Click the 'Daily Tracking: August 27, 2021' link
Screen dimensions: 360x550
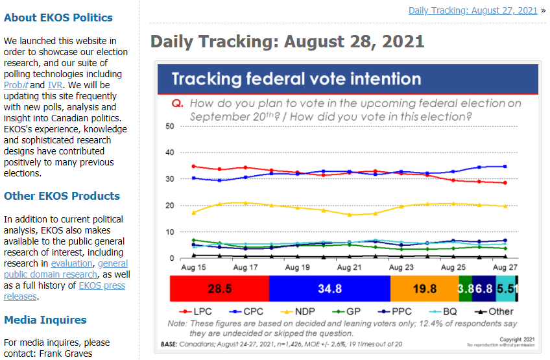pyautogui.click(x=473, y=10)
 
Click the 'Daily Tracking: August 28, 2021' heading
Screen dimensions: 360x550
pyautogui.click(x=287, y=42)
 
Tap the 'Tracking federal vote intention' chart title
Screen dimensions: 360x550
pyautogui.click(x=296, y=80)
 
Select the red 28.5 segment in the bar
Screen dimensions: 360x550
pyautogui.click(x=219, y=289)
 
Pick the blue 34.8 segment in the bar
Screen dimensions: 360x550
pyautogui.click(x=329, y=289)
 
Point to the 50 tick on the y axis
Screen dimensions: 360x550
pyautogui.click(x=171, y=126)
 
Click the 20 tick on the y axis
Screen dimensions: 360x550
pyautogui.click(x=171, y=206)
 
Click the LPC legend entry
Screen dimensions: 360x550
pyautogui.click(x=198, y=311)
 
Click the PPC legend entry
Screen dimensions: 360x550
pyautogui.click(x=394, y=311)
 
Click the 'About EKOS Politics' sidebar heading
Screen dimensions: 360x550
pyautogui.click(x=58, y=18)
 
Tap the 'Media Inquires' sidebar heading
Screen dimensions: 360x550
pyautogui.click(x=45, y=320)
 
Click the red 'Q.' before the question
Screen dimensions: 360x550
pyautogui.click(x=177, y=104)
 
